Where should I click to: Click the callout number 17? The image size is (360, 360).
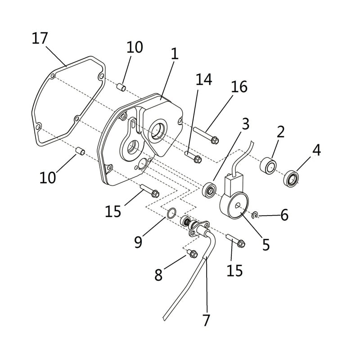click(40, 39)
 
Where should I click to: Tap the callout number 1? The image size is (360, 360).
click(174, 54)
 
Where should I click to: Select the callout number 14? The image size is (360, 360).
click(203, 80)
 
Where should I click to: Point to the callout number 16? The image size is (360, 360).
click(239, 87)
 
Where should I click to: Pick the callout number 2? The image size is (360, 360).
click(281, 132)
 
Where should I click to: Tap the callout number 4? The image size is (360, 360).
click(317, 150)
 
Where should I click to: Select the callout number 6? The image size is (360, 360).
click(284, 215)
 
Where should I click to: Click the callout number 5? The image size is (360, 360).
click(266, 244)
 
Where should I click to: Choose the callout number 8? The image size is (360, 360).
click(158, 274)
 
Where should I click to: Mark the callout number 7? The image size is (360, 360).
click(207, 320)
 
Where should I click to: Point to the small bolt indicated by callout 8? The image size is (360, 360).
click(192, 253)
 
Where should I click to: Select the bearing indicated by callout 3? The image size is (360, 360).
click(209, 189)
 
